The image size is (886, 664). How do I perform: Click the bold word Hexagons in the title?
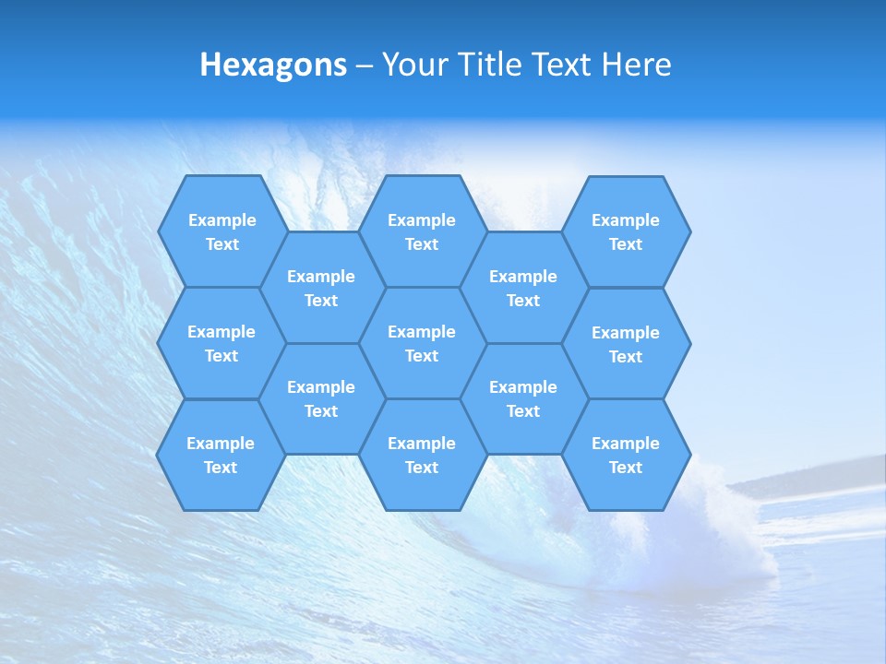pyautogui.click(x=273, y=65)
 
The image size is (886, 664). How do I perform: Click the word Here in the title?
pyautogui.click(x=636, y=65)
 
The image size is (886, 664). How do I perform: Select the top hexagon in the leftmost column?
pyautogui.click(x=221, y=231)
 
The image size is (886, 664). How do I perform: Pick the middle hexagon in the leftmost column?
pyautogui.click(x=221, y=343)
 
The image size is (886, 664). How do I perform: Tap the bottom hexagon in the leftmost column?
pyautogui.click(x=221, y=455)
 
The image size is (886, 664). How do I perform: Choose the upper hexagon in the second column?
pyautogui.click(x=321, y=288)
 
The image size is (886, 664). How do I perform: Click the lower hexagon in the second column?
pyautogui.click(x=321, y=398)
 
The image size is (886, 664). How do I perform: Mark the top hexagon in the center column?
pyautogui.click(x=422, y=231)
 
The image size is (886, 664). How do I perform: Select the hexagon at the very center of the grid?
pyautogui.click(x=422, y=343)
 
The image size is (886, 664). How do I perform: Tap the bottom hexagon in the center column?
pyautogui.click(x=422, y=455)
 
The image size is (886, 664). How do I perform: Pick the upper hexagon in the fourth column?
pyautogui.click(x=523, y=288)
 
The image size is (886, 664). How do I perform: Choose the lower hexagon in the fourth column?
pyautogui.click(x=523, y=398)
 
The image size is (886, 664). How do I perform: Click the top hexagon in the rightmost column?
pyautogui.click(x=626, y=231)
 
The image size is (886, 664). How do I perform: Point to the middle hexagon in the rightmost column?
pyautogui.click(x=626, y=344)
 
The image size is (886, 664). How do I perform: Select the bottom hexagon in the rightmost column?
pyautogui.click(x=626, y=455)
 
